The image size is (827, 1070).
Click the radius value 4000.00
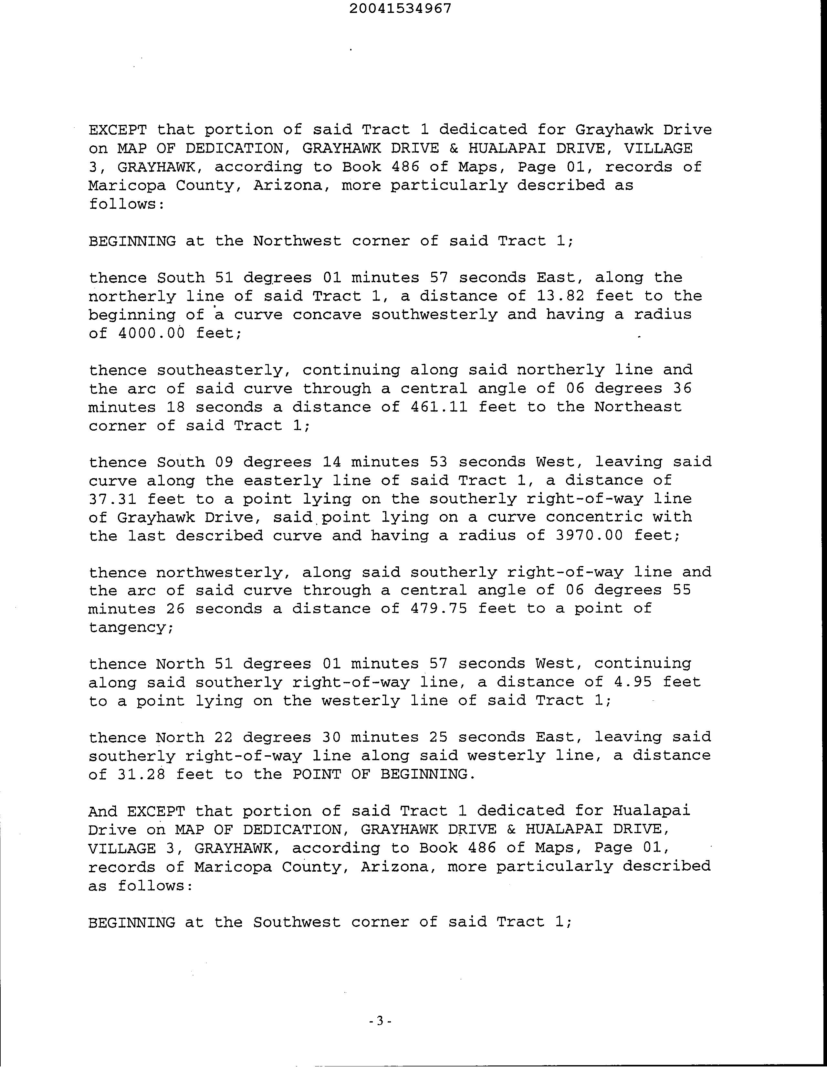click(x=152, y=333)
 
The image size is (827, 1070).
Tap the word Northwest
click(x=298, y=241)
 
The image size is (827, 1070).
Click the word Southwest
click(x=298, y=922)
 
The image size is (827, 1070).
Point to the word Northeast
click(x=638, y=407)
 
